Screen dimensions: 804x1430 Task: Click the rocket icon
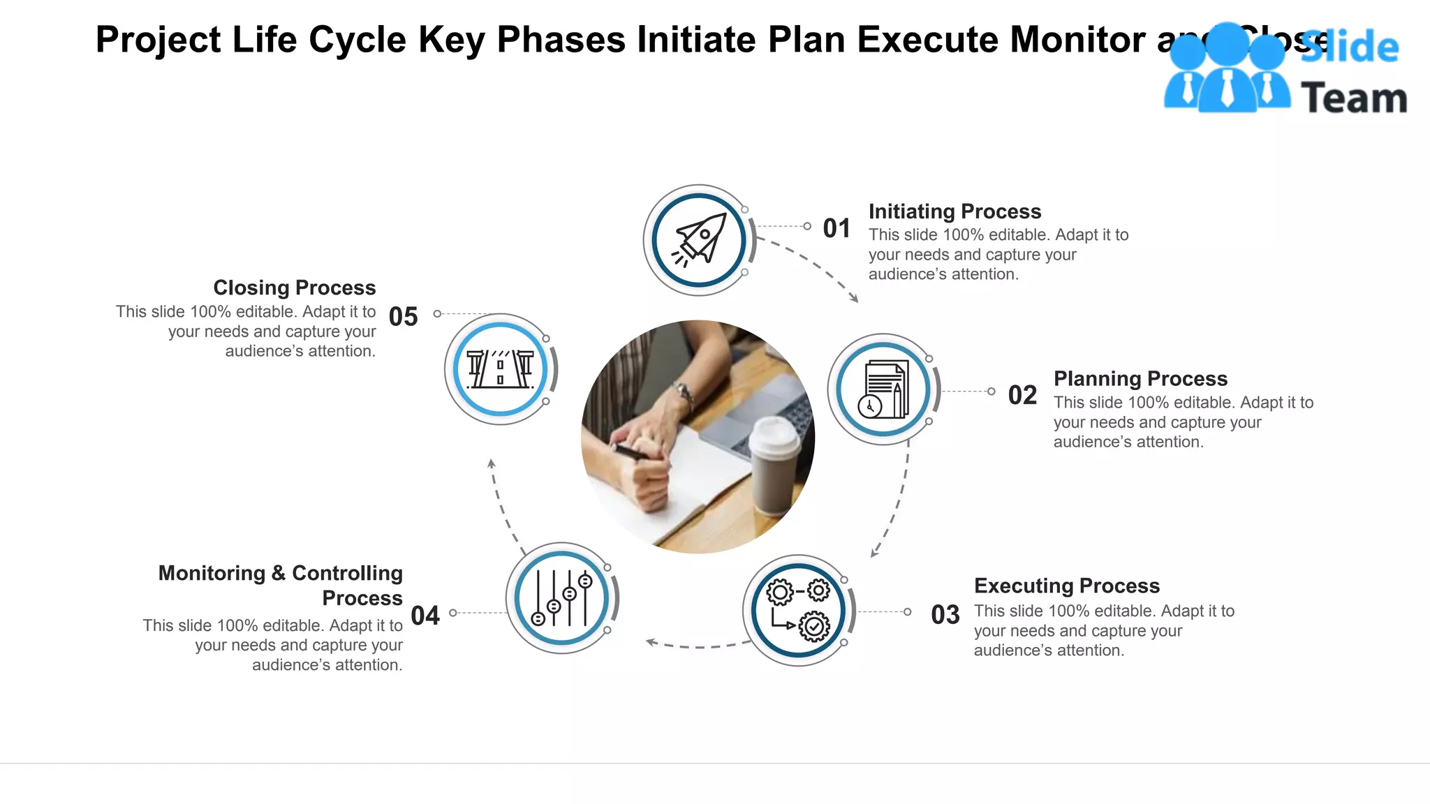699,240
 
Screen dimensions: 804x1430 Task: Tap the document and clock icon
883,389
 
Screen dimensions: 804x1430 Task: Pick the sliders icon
561,598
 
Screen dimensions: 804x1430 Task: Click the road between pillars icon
500,369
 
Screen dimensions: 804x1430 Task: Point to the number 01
836,228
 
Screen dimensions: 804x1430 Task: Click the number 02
1022,395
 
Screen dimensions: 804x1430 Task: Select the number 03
945,615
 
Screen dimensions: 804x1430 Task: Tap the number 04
425,616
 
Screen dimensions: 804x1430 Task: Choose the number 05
403,317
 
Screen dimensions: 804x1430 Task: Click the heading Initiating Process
954,211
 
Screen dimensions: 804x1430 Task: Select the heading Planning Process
1140,378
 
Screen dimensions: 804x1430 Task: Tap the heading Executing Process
1066,586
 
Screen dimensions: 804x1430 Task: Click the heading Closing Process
294,288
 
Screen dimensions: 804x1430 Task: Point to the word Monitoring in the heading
212,573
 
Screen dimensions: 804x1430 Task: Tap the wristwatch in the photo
683,395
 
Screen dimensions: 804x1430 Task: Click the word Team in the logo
1353,98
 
